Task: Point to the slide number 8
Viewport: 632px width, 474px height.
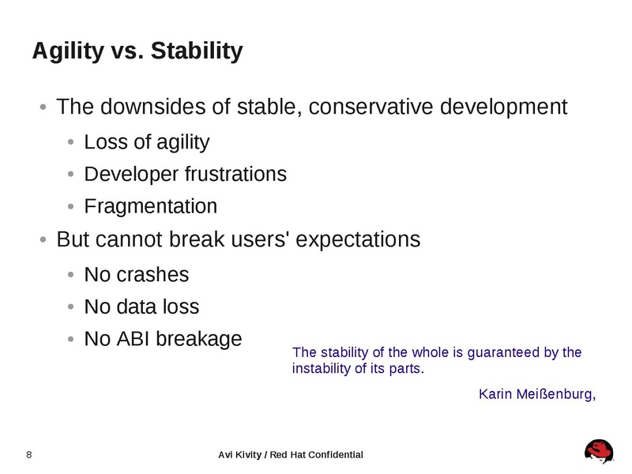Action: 29,454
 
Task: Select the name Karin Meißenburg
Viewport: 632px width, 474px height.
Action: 536,393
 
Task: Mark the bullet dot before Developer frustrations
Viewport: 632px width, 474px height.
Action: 71,175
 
